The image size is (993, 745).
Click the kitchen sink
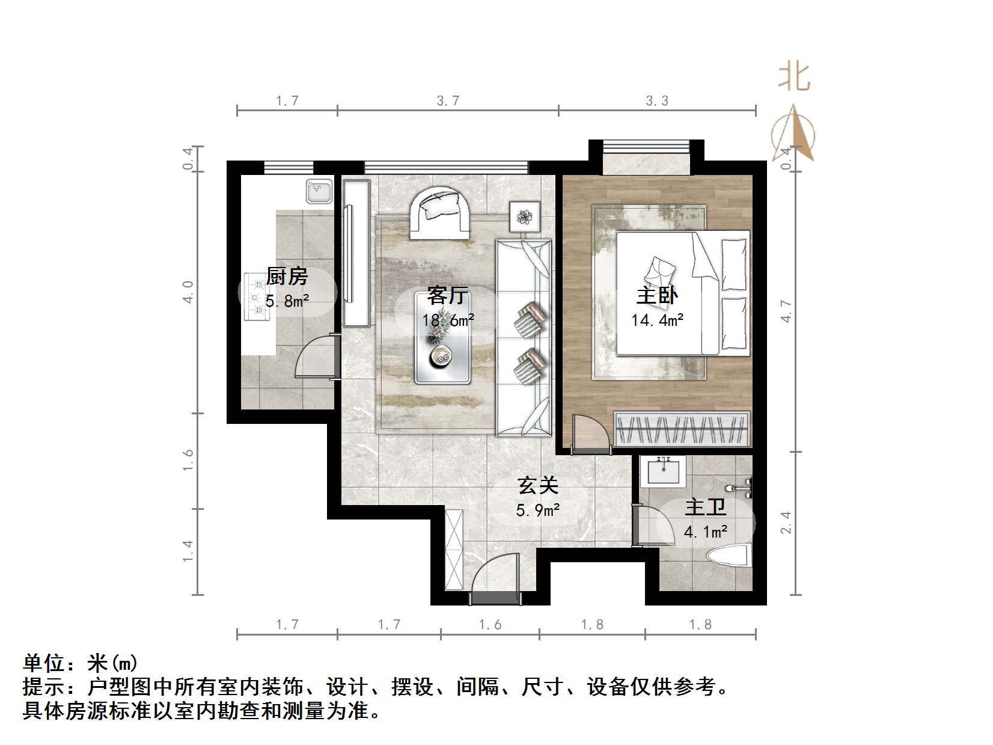pos(319,191)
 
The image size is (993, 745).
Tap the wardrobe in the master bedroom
pos(682,429)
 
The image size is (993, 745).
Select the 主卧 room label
pos(657,296)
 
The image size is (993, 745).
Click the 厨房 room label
pos(287,277)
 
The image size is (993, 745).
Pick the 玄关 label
pos(538,485)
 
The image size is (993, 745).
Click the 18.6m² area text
pos(448,320)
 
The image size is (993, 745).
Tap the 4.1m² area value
pos(706,532)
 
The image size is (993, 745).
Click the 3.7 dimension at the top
pos(448,100)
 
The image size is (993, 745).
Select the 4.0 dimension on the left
pos(188,292)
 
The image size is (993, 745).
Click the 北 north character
pos(794,77)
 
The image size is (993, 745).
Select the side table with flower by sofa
pos(525,216)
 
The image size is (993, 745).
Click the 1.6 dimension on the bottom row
pos(490,625)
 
